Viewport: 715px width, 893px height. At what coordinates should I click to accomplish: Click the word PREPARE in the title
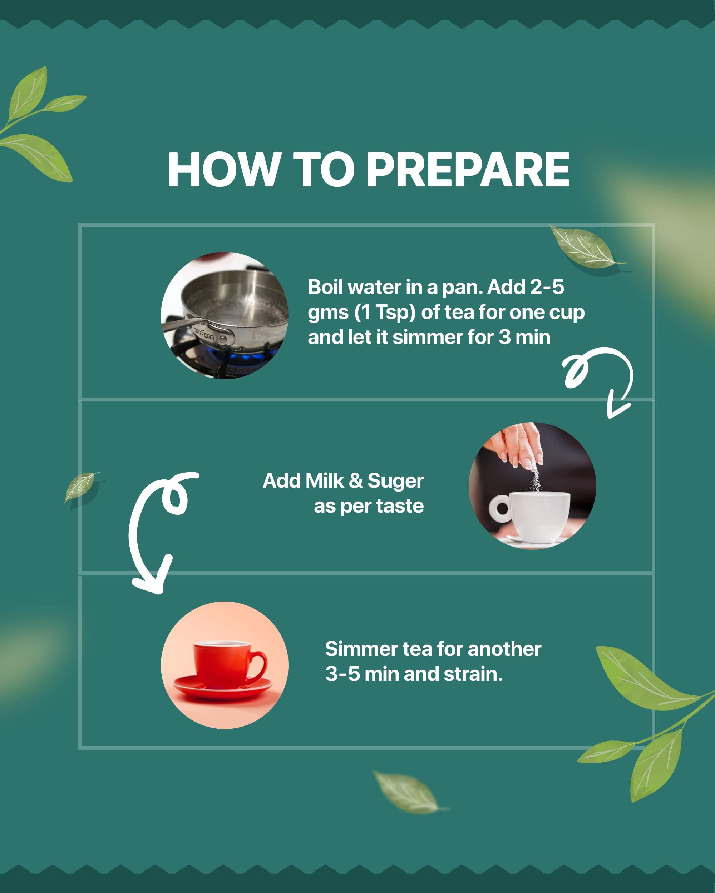[x=468, y=169]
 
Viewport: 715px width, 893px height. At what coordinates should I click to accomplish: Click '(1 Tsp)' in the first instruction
[x=385, y=313]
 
